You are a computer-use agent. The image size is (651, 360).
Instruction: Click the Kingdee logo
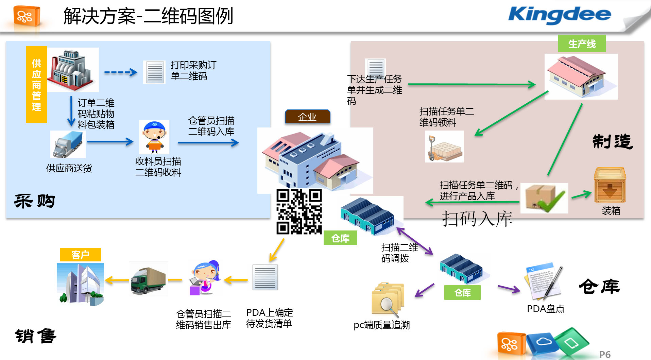[x=560, y=15]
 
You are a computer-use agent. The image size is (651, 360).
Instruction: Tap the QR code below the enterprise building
[x=299, y=212]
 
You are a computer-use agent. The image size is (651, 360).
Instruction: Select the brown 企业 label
[x=307, y=117]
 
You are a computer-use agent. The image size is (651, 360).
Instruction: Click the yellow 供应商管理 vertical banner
[x=36, y=85]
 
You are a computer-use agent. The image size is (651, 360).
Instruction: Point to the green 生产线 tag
[x=582, y=44]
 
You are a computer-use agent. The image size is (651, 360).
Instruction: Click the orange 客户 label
[x=80, y=255]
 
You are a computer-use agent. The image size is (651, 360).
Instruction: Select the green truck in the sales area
[x=148, y=279]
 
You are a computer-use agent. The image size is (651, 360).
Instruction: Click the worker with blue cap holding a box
[x=154, y=137]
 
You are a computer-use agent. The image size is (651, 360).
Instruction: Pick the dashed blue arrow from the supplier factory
[x=120, y=72]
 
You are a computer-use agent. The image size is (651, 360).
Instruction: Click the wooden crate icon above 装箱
[x=610, y=185]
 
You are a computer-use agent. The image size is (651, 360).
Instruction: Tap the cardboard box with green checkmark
[x=544, y=198]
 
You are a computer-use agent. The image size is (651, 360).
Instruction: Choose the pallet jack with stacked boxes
[x=444, y=147]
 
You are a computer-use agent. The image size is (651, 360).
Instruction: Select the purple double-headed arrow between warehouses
[x=415, y=241]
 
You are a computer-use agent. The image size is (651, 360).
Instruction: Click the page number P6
[x=605, y=355]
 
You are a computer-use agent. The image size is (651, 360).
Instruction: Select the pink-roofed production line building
[x=581, y=77]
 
